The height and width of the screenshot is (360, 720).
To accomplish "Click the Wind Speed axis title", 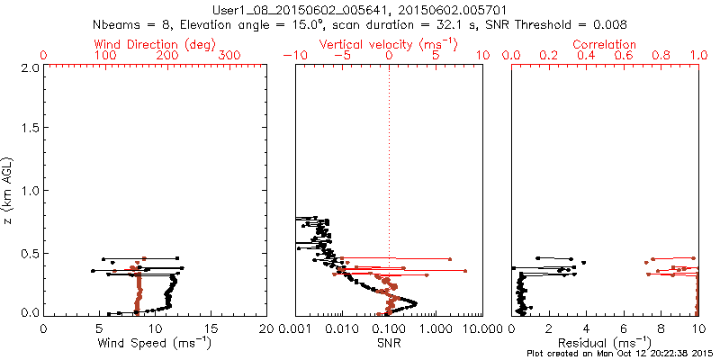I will click(155, 342).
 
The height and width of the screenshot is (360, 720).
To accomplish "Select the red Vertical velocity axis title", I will click(388, 44).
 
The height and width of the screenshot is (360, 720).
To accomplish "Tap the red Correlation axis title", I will click(605, 44).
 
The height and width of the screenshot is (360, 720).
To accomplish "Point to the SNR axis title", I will click(389, 342).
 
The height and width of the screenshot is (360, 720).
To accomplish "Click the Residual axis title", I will click(605, 342).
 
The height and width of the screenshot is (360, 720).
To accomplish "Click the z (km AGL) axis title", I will click(11, 190).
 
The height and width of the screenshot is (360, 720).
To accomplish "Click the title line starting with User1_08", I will click(360, 9).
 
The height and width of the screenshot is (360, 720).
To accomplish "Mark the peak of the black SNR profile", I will click(416, 302).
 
